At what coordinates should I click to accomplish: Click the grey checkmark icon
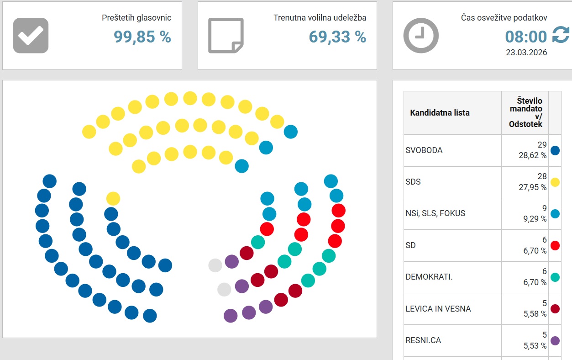[x=31, y=36]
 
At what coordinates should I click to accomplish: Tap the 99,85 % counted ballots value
[x=142, y=37]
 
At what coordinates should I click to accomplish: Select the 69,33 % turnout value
[x=337, y=37]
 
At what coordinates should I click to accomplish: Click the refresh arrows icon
[x=561, y=35]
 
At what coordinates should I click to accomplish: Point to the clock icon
[x=421, y=36]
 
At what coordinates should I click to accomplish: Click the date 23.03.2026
[x=526, y=53]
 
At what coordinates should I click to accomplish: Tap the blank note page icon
[x=226, y=36]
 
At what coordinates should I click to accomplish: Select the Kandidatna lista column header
[x=440, y=113]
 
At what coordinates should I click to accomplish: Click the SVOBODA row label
[x=424, y=150]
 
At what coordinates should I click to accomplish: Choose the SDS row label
[x=413, y=182]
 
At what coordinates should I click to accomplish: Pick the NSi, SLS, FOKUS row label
[x=436, y=213]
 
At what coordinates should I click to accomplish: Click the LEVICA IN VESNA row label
[x=438, y=309]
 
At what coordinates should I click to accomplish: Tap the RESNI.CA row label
[x=423, y=340]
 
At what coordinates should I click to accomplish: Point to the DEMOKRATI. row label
[x=429, y=277]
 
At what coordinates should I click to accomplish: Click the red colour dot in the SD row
[x=555, y=245]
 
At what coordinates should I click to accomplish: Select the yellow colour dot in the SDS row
[x=555, y=182]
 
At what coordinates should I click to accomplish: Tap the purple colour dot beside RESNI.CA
[x=555, y=340]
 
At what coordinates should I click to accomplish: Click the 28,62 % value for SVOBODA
[x=532, y=155]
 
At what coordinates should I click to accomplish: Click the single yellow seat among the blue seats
[x=113, y=199]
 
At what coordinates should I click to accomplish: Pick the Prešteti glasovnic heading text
[x=136, y=18]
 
